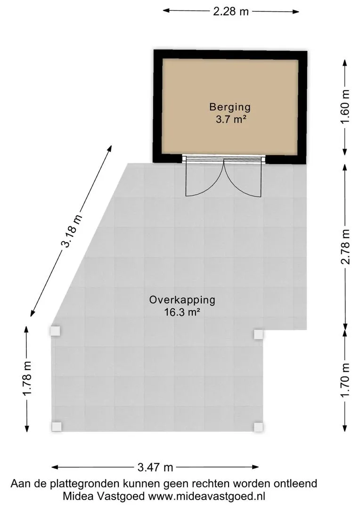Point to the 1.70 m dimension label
pos(346,380)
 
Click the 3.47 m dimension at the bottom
pos(155,467)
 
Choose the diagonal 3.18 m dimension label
pos(71,231)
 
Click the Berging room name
pos(230,107)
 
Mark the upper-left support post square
pos(56,331)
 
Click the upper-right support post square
pos(258,334)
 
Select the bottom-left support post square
pos(56,427)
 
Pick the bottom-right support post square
pos(258,427)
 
